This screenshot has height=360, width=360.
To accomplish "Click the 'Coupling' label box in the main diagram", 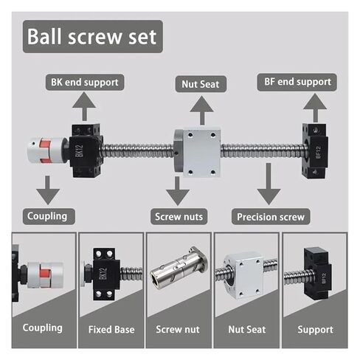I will [x=47, y=216].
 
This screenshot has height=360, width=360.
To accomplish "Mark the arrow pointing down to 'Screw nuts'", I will [x=177, y=194].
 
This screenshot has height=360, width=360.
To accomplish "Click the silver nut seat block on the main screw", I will [x=198, y=153].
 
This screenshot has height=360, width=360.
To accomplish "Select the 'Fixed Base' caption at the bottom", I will [x=111, y=328].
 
